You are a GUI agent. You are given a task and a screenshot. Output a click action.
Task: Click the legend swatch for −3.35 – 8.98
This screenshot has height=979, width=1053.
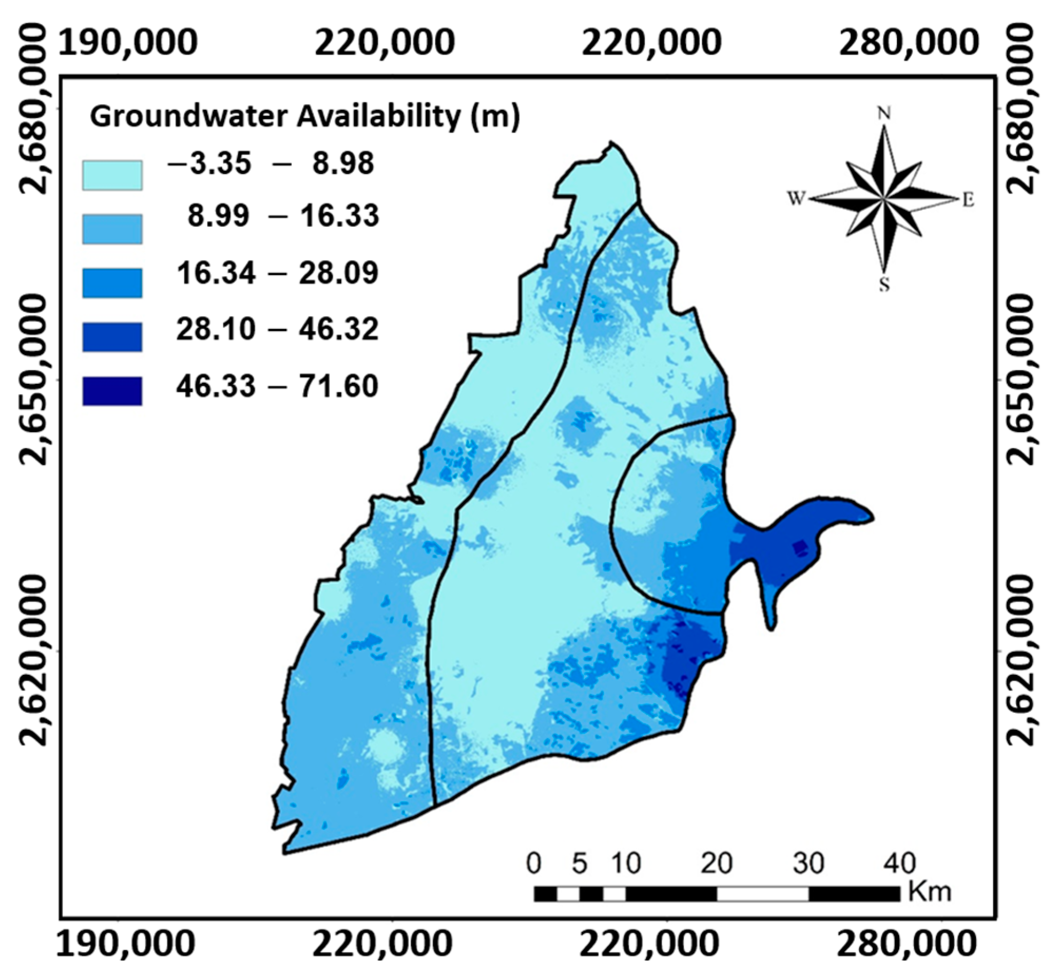tap(112, 176)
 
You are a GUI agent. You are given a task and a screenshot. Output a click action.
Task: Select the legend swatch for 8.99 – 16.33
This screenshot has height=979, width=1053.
tap(112, 229)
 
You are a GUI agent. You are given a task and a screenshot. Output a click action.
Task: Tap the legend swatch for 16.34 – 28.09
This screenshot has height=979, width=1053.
tap(112, 283)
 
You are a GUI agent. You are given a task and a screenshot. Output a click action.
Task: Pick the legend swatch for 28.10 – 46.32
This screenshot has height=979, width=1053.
tap(112, 337)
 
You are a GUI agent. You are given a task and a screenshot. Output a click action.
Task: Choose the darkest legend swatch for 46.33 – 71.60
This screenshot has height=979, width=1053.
tap(112, 391)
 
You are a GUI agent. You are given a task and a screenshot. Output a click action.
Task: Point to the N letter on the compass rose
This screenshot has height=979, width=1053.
tap(884, 113)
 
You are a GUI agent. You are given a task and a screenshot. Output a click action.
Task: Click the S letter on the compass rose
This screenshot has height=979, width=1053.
tap(884, 286)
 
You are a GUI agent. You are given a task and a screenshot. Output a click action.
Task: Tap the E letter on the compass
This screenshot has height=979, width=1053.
tap(968, 200)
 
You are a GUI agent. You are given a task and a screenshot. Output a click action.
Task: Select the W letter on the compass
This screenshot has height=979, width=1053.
tap(796, 199)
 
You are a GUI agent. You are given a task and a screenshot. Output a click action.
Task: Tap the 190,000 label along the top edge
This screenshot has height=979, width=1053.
tap(127, 41)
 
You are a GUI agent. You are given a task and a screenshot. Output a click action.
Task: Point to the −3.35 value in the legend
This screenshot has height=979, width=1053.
tap(209, 164)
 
